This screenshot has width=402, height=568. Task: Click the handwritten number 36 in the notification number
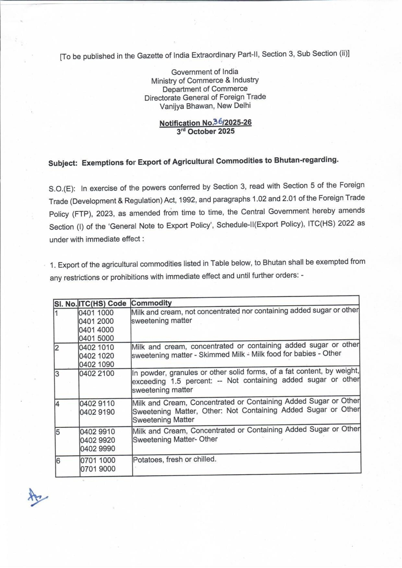[218, 122]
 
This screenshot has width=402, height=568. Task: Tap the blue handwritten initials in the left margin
[37, 497]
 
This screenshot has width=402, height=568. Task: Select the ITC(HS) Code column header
[102, 304]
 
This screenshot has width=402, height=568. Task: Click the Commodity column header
[151, 303]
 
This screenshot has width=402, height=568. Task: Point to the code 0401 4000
[96, 330]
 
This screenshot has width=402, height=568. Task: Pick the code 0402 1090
[96, 364]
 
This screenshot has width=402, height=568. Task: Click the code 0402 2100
[97, 373]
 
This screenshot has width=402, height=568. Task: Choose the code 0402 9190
[97, 412]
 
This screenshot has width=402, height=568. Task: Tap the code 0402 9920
[97, 440]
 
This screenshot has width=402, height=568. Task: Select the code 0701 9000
[98, 469]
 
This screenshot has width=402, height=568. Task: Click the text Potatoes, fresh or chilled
[175, 460]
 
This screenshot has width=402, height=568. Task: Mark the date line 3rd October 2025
[206, 131]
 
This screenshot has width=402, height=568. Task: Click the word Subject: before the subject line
[63, 163]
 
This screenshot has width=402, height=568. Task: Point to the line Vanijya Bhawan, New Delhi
[205, 106]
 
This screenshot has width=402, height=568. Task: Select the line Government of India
[205, 72]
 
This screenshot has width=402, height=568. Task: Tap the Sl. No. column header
[66, 304]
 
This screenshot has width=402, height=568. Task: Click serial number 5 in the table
[58, 432]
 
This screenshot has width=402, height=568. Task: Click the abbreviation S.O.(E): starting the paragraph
[62, 189]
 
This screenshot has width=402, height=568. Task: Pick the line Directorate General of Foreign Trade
[205, 97]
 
